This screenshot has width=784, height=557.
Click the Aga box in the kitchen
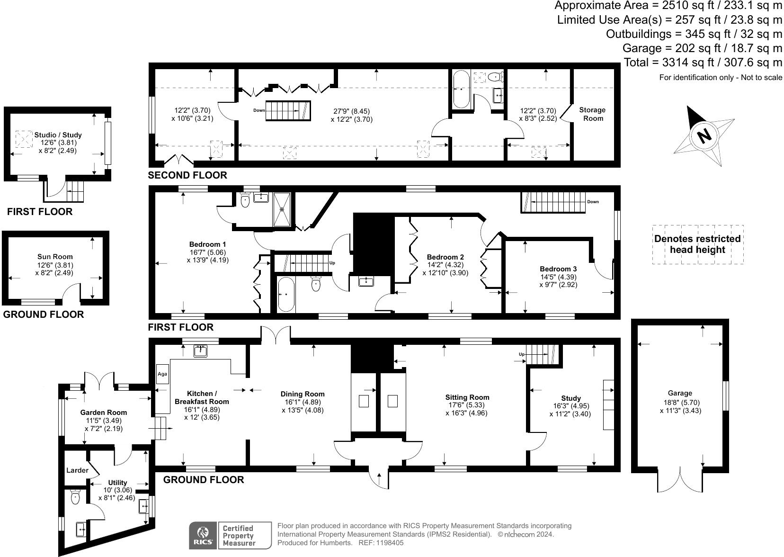162,374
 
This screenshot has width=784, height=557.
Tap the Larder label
77,470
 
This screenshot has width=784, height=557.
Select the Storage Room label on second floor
592,114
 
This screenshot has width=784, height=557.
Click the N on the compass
704,137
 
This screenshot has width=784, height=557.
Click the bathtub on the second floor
460,89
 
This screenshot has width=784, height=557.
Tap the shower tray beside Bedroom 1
283,208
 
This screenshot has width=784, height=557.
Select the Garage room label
680,393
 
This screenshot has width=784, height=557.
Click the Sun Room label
55,257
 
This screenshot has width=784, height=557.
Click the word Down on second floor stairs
259,110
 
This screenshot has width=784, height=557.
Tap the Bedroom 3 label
558,269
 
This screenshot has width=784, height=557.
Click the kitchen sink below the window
201,351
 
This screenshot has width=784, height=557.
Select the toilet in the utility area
75,497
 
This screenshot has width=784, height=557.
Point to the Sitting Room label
467,397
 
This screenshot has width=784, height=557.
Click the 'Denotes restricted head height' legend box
697,244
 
